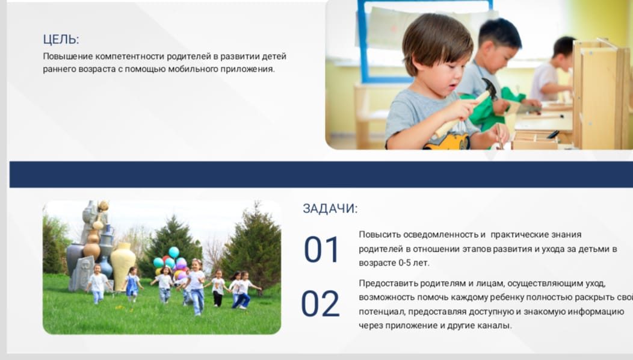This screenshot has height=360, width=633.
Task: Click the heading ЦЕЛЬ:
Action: click(x=61, y=39)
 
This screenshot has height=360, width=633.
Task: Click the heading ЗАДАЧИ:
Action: click(x=330, y=208)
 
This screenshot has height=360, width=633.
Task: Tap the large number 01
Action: click(x=321, y=250)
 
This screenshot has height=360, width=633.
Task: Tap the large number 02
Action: click(x=320, y=303)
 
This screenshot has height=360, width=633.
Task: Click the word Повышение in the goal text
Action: click(x=68, y=56)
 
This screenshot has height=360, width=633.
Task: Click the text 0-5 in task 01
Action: click(x=406, y=262)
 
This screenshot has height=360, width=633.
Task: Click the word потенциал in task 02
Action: click(x=383, y=311)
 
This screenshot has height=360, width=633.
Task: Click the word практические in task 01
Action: click(x=520, y=235)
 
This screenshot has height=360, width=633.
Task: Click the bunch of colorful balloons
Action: click(x=171, y=262)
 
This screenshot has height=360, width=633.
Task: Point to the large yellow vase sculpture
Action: click(x=123, y=264)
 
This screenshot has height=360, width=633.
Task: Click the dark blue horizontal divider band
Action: click(x=321, y=175)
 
